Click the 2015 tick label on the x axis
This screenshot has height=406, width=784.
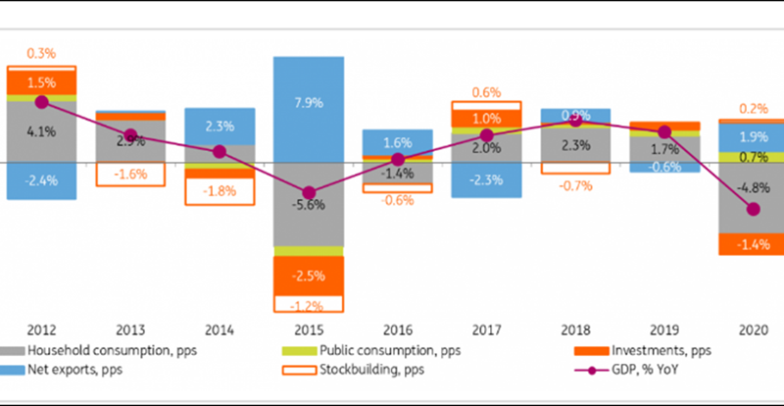[x=309, y=330]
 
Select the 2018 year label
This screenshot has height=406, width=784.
[x=575, y=330]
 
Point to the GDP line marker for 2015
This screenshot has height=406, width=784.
[x=309, y=193]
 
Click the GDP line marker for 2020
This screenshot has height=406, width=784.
[x=754, y=209]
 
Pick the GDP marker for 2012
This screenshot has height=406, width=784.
[x=41, y=101]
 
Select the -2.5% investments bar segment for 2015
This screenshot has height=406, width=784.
[x=309, y=274]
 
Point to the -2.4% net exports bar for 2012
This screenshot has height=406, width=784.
[x=41, y=180]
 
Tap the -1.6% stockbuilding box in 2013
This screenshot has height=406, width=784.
[x=130, y=174]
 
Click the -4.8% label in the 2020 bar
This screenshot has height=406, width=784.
[x=754, y=188]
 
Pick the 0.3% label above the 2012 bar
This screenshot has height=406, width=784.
[x=41, y=52]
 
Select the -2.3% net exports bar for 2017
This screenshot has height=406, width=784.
[x=486, y=179]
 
